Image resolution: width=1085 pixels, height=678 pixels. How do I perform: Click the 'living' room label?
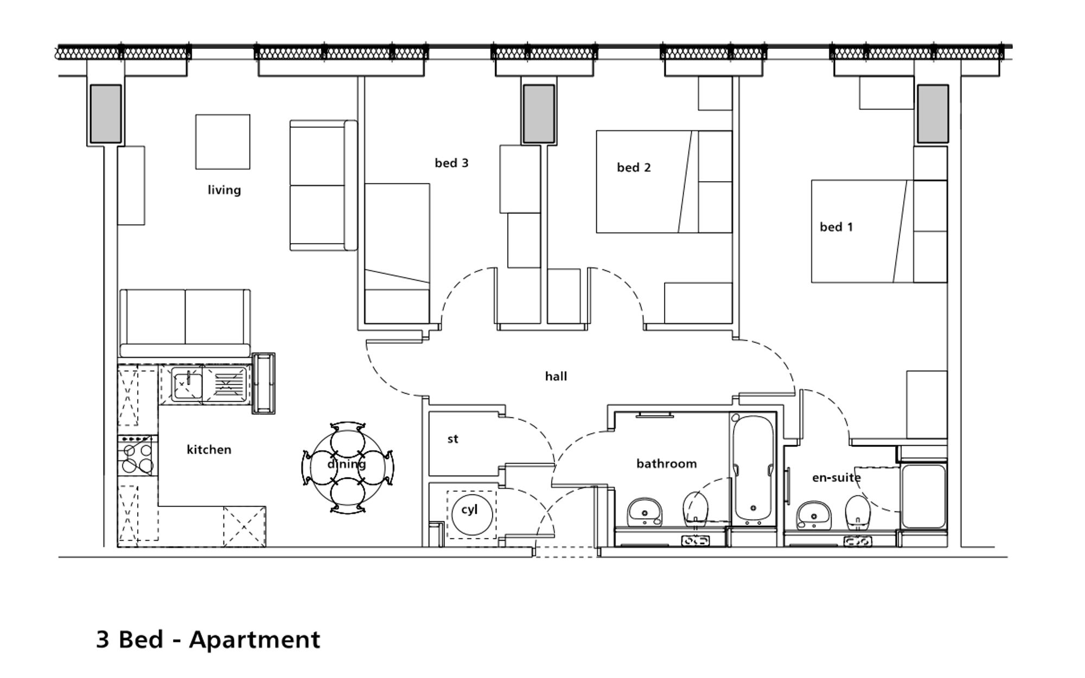point(224,190)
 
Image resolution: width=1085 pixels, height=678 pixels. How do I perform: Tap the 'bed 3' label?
point(451,163)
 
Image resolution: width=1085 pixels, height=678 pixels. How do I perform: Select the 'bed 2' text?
point(634,168)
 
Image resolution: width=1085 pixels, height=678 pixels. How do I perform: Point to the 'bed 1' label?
point(836,227)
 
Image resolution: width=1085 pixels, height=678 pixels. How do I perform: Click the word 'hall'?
point(556,376)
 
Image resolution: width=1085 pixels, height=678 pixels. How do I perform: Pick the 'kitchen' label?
point(209,449)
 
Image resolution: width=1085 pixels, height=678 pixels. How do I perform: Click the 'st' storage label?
point(453,439)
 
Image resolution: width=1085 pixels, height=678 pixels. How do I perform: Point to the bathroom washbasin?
point(644,512)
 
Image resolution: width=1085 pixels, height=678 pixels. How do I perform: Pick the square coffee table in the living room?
point(223,142)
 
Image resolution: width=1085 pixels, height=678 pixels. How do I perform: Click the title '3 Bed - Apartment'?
point(208,639)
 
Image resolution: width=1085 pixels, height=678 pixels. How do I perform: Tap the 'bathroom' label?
point(666,464)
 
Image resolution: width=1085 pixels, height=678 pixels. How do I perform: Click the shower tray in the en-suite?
point(923,496)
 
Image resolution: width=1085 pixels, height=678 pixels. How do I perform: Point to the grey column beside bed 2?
point(539,113)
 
